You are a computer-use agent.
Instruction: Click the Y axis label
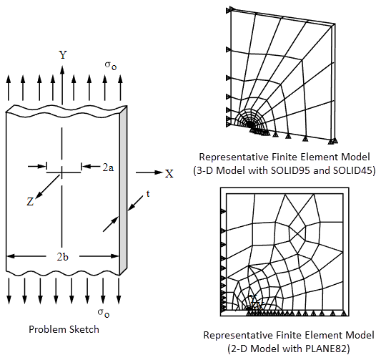(63, 54)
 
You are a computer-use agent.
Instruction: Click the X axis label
(169, 173)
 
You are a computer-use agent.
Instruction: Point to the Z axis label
(30, 202)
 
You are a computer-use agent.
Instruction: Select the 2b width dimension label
(63, 256)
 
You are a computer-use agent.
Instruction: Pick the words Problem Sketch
(63, 330)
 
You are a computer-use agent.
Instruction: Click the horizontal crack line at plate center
(63, 172)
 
